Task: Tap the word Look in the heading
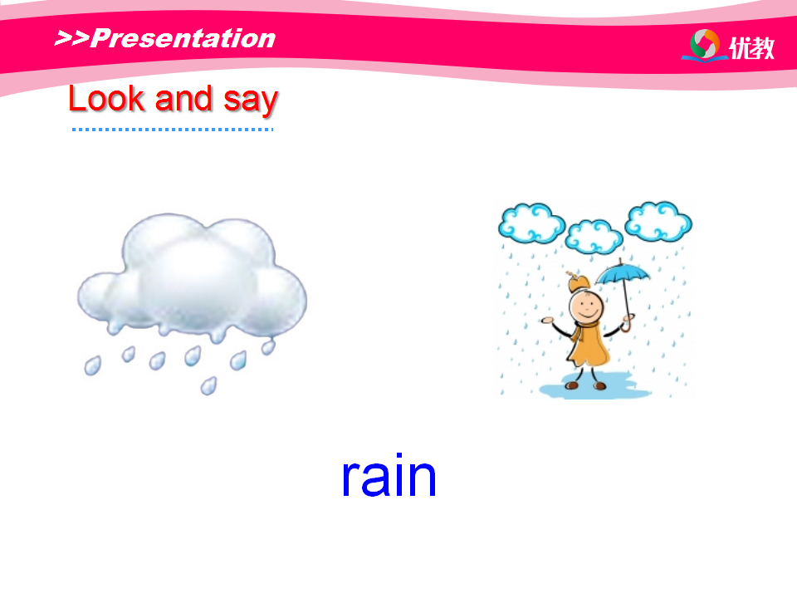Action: pyautogui.click(x=107, y=98)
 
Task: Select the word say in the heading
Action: pyautogui.click(x=251, y=100)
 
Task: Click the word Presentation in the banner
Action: pyautogui.click(x=183, y=38)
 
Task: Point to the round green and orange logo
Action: pyautogui.click(x=705, y=44)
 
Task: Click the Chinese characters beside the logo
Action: pyautogui.click(x=752, y=48)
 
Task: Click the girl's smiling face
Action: pyautogui.click(x=586, y=307)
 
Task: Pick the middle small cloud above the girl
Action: pyautogui.click(x=594, y=237)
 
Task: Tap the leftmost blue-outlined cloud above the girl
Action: pyautogui.click(x=531, y=223)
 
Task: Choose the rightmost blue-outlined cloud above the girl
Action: pyautogui.click(x=658, y=221)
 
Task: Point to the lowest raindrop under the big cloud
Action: pyautogui.click(x=208, y=386)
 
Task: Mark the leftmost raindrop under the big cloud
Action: pyautogui.click(x=92, y=365)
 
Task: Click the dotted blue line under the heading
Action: pyautogui.click(x=173, y=130)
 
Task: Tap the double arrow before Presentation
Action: pyautogui.click(x=72, y=38)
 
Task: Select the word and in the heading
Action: pyautogui.click(x=183, y=98)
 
